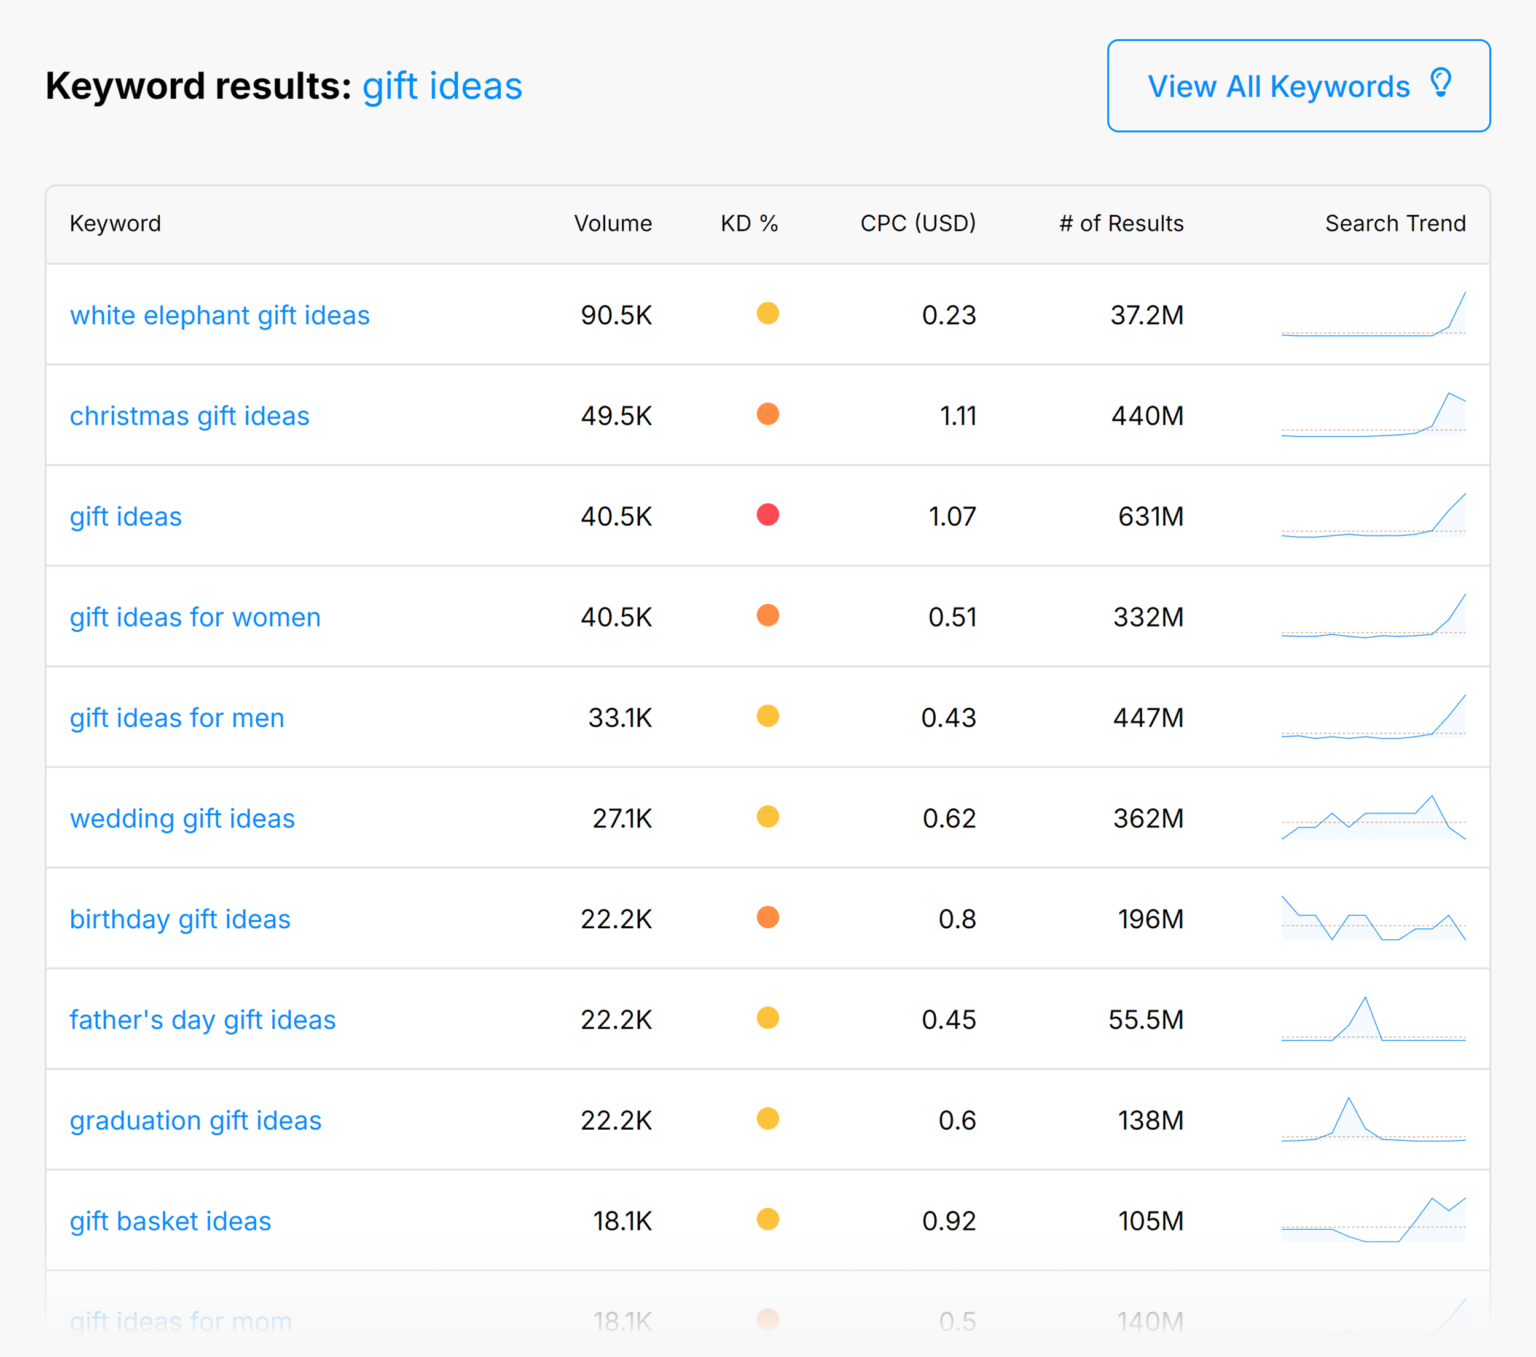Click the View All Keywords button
coord(1297,86)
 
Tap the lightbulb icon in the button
coord(1440,83)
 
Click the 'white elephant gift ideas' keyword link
coord(219,315)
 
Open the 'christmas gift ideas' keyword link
coord(189,416)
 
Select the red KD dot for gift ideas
coord(767,515)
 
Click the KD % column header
coord(749,223)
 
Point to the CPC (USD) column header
coord(917,223)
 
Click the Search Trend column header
coord(1394,223)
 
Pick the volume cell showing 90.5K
coord(616,315)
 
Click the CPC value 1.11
coord(957,416)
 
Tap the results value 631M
coord(1150,516)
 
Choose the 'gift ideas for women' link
coord(195,617)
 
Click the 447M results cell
coord(1148,718)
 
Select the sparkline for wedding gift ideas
coord(1373,818)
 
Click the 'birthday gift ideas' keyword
coord(180,919)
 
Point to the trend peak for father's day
coord(1365,999)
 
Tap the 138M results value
coord(1150,1120)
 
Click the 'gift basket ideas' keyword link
coord(170,1221)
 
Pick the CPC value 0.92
coord(948,1221)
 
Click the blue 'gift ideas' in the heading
coord(442,86)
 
